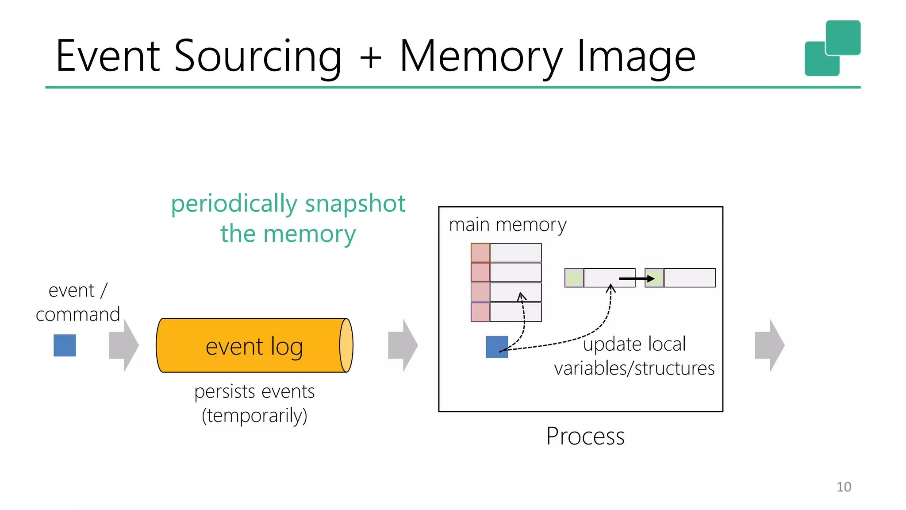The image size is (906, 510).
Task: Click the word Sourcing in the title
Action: (x=257, y=57)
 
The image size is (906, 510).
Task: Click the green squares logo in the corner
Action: (x=832, y=48)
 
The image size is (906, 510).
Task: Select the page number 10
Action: (x=844, y=487)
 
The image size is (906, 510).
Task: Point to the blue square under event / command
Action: (x=65, y=345)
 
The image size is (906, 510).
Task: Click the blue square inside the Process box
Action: (x=496, y=347)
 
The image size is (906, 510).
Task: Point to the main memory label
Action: (x=507, y=225)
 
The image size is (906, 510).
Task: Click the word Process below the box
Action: (x=585, y=436)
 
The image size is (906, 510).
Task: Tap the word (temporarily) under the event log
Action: (x=254, y=415)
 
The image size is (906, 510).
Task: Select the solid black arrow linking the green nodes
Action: (x=636, y=278)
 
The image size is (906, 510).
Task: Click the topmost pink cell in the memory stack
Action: (x=480, y=253)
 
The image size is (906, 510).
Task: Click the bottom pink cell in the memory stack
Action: (x=480, y=312)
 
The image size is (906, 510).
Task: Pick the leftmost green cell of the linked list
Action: (x=574, y=278)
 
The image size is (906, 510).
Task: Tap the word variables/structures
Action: (x=634, y=368)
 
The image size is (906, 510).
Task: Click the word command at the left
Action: (x=78, y=314)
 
